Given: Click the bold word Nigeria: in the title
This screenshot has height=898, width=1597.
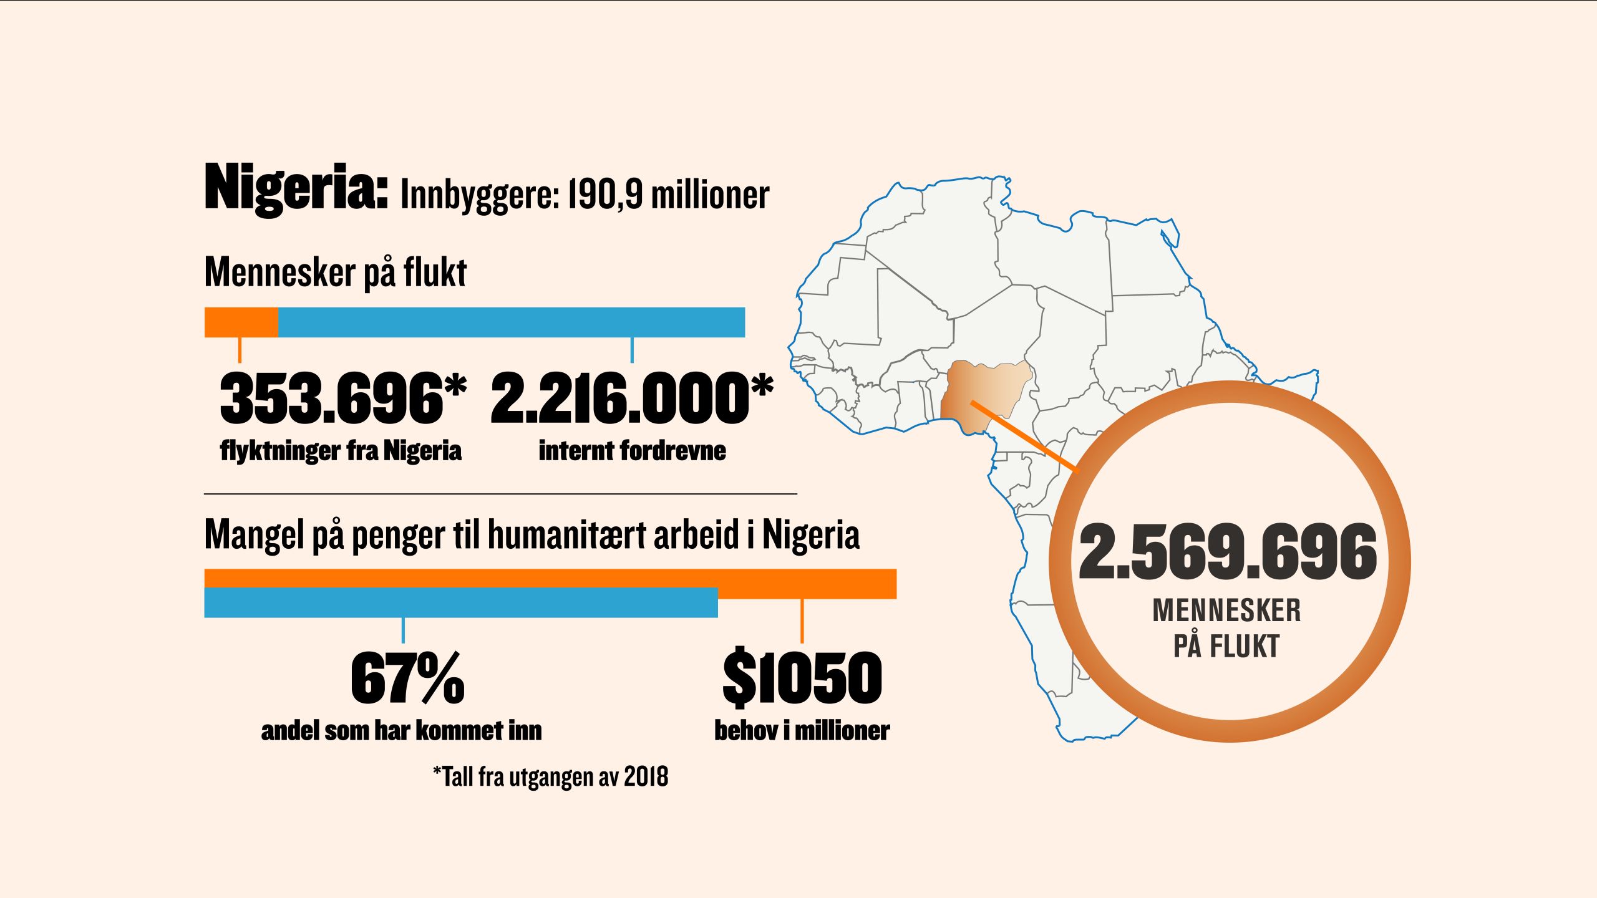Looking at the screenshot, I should [296, 187].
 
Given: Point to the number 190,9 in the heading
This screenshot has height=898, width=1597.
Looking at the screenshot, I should [605, 195].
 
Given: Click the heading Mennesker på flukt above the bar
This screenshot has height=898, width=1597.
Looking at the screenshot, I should [336, 273].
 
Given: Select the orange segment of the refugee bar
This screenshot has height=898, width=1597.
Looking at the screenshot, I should [241, 322].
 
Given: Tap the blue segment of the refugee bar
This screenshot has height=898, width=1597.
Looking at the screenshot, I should [512, 322].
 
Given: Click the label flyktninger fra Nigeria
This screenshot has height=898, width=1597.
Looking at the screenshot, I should [341, 450].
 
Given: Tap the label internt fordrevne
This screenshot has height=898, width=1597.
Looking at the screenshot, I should [632, 450].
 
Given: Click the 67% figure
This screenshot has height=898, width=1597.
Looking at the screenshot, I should [407, 678].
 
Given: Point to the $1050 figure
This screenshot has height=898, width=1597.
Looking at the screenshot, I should [802, 678].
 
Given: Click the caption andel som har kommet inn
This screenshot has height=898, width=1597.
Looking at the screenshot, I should [401, 730].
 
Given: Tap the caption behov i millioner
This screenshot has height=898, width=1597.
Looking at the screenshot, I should [802, 730].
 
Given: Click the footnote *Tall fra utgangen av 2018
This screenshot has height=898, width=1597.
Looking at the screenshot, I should [551, 777].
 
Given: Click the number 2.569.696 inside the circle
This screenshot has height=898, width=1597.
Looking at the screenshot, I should [1227, 552].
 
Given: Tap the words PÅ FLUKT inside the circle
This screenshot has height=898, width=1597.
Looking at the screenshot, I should [1226, 646].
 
